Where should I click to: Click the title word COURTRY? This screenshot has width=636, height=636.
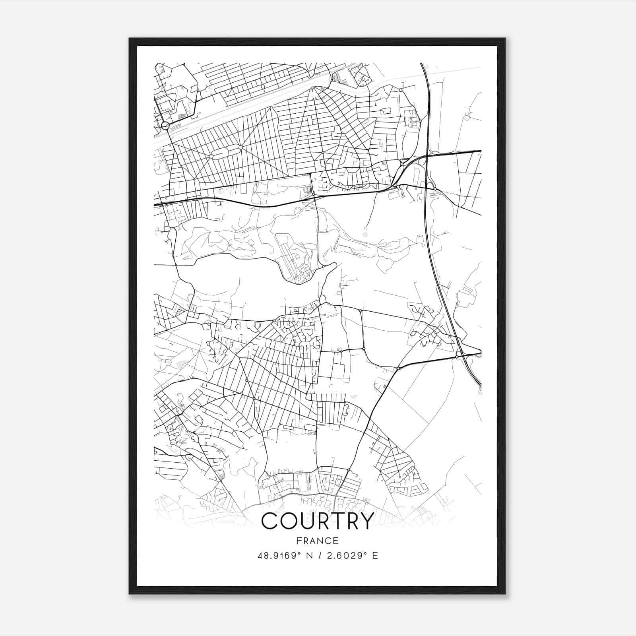[x=318, y=521]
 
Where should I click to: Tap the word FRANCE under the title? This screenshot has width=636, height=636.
[x=318, y=541]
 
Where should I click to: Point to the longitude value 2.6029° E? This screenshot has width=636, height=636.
[x=351, y=555]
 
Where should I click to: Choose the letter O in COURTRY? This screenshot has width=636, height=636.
[x=289, y=521]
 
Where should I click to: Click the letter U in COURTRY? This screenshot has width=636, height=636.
[x=308, y=521]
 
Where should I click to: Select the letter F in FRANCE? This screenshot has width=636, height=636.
[x=299, y=541]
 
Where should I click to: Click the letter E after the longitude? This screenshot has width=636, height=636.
[x=375, y=555]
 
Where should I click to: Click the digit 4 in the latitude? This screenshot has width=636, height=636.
[x=260, y=555]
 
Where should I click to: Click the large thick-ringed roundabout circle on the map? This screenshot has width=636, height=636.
[x=166, y=126]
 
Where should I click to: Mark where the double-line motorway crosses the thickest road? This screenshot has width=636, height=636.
[x=426, y=154]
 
